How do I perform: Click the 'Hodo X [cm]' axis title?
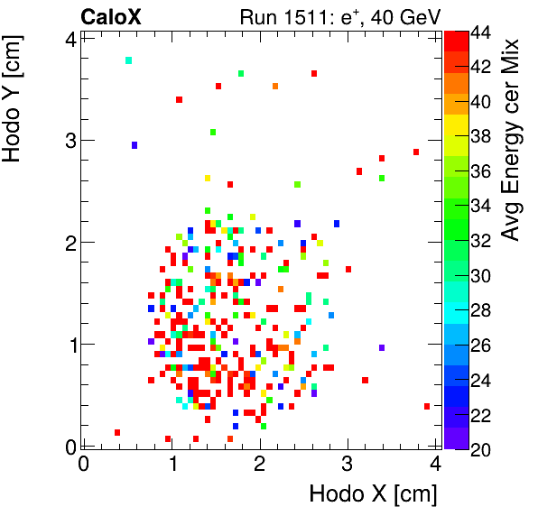coord(373,494)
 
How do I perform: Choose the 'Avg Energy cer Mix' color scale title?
coord(512,140)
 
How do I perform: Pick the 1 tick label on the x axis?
coord(172,464)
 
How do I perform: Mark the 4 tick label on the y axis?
coord(69,38)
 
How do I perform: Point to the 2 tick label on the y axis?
coord(69,242)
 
